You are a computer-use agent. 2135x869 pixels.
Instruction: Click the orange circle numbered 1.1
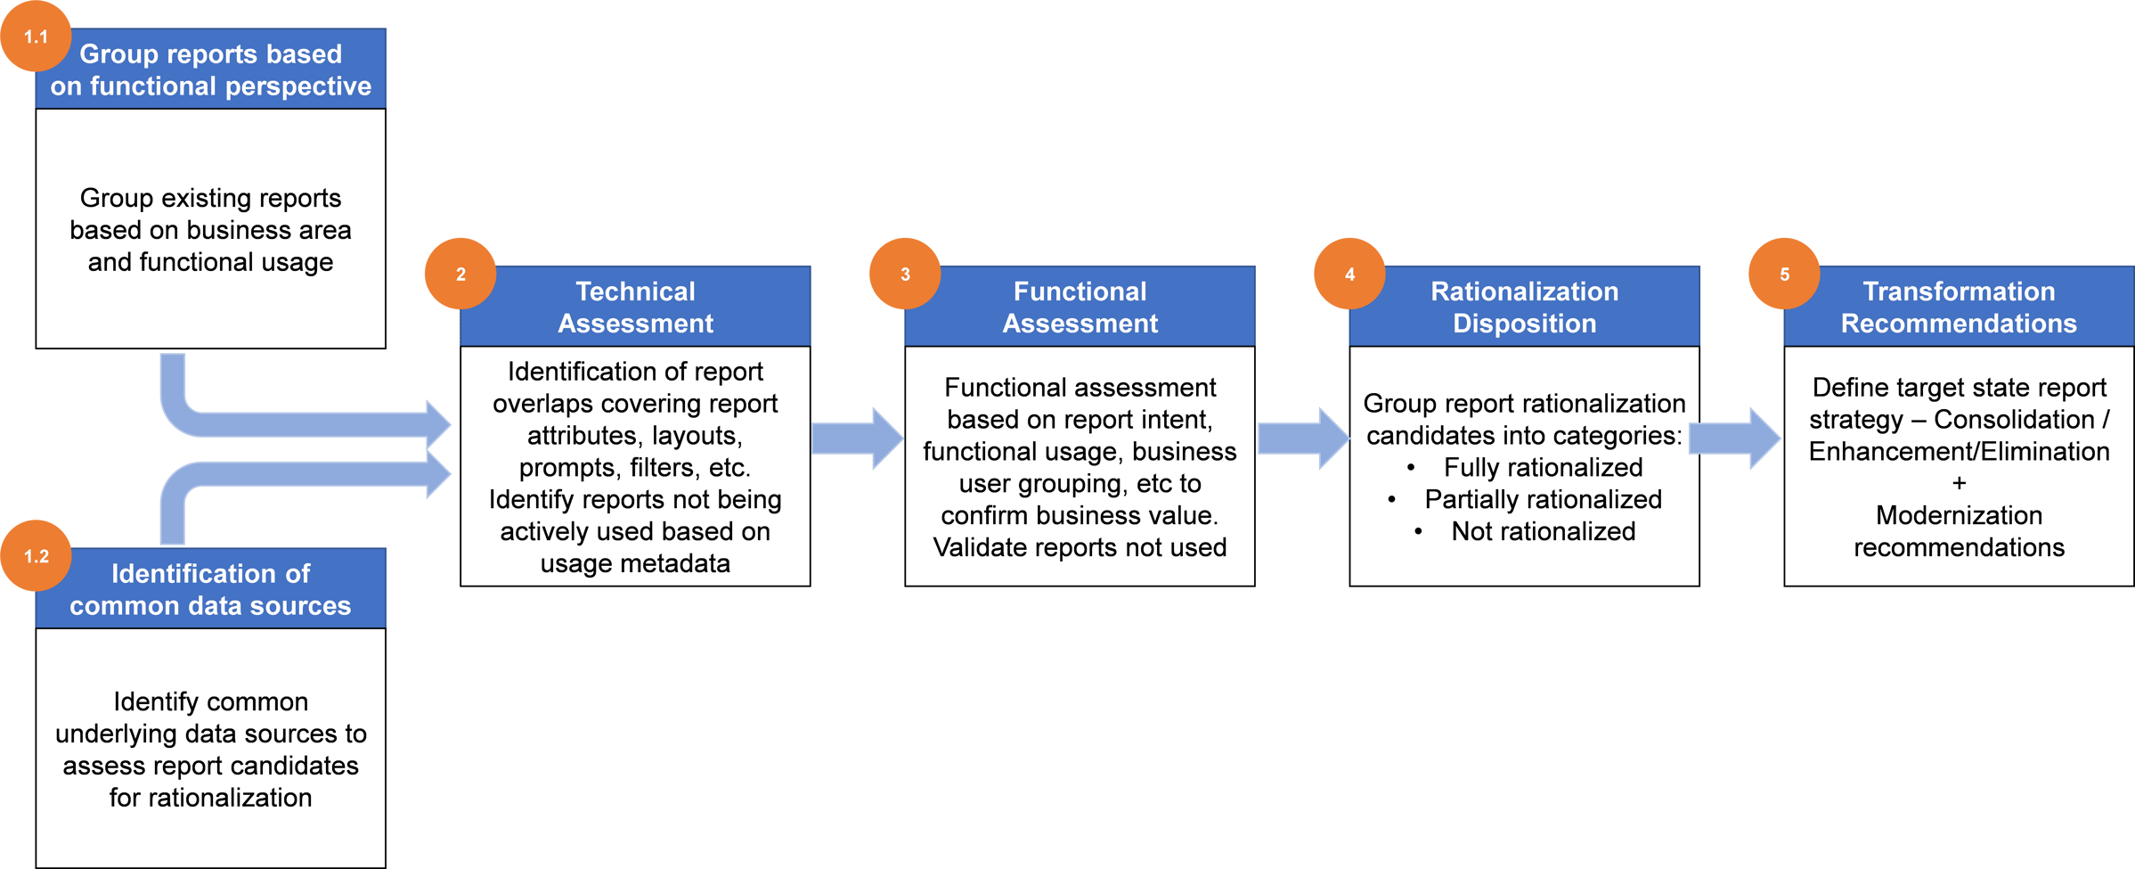point(36,37)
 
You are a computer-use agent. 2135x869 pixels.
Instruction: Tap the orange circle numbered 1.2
point(36,556)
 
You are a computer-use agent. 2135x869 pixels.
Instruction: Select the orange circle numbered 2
point(460,274)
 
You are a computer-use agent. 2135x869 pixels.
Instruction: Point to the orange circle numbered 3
point(905,274)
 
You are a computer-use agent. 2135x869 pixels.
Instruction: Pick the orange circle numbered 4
point(1349,274)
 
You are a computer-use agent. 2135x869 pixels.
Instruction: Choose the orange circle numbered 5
point(1784,274)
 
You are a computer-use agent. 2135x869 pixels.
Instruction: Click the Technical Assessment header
point(635,307)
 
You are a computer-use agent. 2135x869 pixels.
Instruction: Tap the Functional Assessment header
point(1080,307)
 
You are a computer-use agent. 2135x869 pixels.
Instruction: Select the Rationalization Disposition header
point(1524,307)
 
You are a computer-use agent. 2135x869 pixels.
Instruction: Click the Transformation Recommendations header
point(1959,307)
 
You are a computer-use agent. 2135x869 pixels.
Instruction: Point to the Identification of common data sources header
point(210,589)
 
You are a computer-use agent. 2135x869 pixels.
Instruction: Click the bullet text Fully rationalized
point(1543,467)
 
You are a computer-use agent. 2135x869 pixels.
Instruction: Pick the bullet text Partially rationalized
point(1543,499)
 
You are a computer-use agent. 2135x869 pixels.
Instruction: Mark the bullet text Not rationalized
point(1543,531)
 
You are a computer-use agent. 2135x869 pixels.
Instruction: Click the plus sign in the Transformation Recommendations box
point(1959,484)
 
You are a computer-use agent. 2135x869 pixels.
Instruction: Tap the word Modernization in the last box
point(1959,515)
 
